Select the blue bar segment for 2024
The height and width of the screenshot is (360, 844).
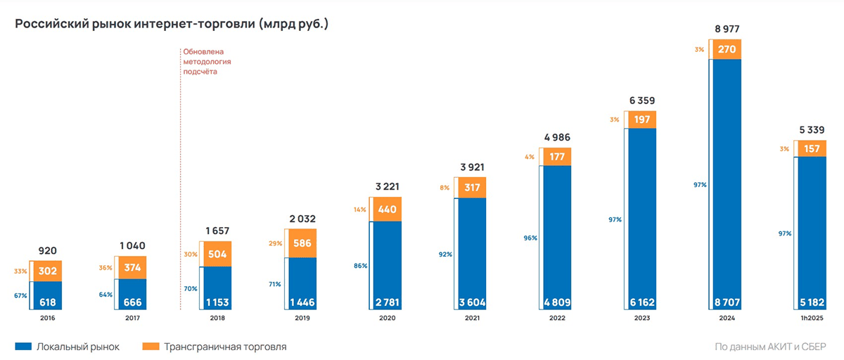coord(727,183)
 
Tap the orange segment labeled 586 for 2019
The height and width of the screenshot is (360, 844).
coord(302,243)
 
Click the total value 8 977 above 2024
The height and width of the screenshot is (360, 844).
coord(727,30)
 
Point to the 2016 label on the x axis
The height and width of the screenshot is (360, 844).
coord(48,319)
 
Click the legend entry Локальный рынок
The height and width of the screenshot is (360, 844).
coord(68,347)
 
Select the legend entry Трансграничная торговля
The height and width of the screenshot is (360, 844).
coord(214,347)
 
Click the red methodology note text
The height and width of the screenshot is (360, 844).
coord(207,62)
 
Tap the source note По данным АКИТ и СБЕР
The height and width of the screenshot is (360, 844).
coord(770,347)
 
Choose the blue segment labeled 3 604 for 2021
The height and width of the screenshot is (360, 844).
coord(471,253)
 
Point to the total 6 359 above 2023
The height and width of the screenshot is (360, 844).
coord(641,101)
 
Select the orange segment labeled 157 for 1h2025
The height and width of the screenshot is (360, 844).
coord(811,148)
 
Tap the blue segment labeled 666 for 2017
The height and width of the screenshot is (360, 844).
coord(132,294)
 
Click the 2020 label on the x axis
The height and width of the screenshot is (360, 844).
coord(387,319)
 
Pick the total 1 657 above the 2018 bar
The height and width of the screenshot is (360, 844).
coord(217,231)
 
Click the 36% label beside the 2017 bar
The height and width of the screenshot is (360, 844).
coord(105,267)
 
